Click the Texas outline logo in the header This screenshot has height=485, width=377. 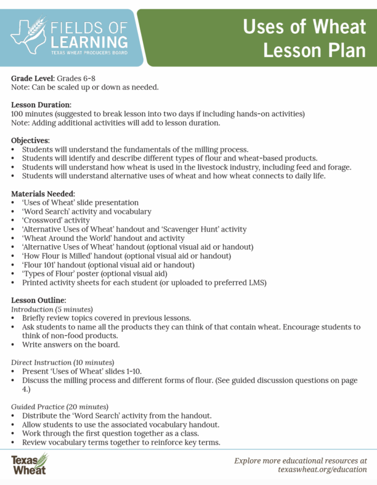(x=28, y=34)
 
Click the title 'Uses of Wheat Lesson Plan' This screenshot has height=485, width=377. (x=304, y=38)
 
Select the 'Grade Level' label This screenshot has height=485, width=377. (x=33, y=78)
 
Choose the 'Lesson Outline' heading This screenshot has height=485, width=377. (x=38, y=299)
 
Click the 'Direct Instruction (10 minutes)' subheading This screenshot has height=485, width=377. (x=63, y=362)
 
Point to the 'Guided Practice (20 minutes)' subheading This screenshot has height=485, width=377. (x=60, y=406)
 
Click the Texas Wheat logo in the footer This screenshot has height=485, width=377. (x=28, y=465)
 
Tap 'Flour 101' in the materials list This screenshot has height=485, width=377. (x=43, y=264)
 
